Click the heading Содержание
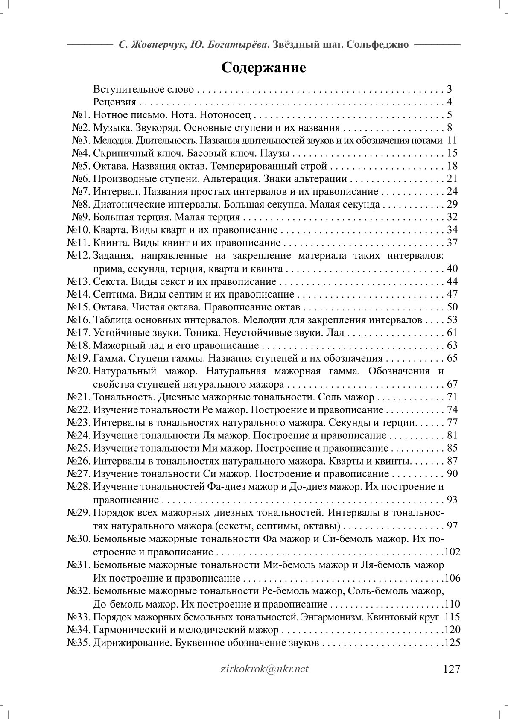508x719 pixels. tap(263, 67)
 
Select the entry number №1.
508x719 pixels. tap(81, 115)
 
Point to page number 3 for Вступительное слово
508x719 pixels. tap(449, 90)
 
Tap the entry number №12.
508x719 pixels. tap(79, 256)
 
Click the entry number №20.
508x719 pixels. tap(79, 371)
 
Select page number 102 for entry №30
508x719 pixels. tap(452, 552)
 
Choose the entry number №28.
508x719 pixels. tap(79, 487)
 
